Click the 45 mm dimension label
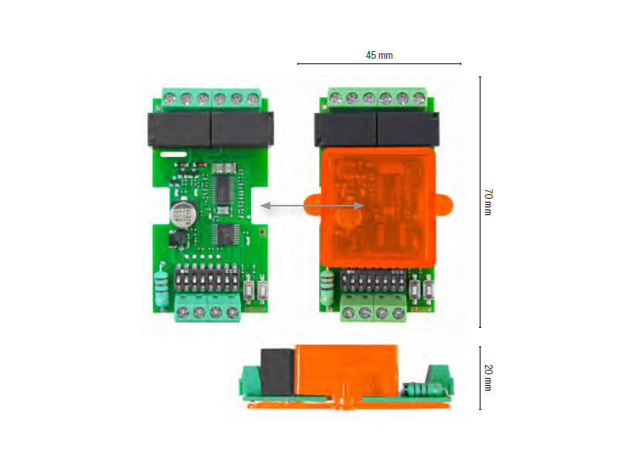pos(379,55)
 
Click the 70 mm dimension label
pos(488,202)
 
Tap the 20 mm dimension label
pos(488,377)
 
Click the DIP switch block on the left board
pos(206,278)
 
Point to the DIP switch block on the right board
pos(373,280)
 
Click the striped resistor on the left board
pos(161,283)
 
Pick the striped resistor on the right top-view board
pos(327,286)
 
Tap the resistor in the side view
pos(423,389)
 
